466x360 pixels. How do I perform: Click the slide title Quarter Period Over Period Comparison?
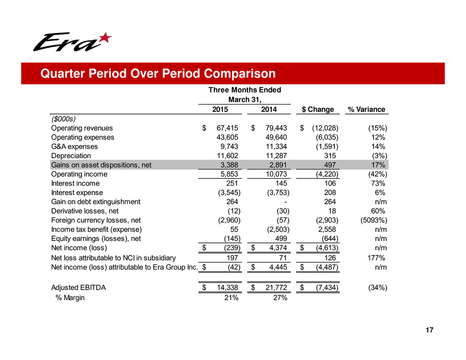point(157,73)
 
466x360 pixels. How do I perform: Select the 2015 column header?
point(220,109)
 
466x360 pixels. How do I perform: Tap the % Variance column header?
point(366,109)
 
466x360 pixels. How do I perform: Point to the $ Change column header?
point(318,109)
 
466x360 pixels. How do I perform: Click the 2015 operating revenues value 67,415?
point(228,128)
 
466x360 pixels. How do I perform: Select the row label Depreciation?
point(71,155)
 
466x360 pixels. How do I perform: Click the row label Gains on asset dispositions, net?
point(101,165)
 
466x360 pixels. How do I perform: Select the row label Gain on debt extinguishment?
point(96,202)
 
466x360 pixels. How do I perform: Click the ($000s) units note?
point(64,118)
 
